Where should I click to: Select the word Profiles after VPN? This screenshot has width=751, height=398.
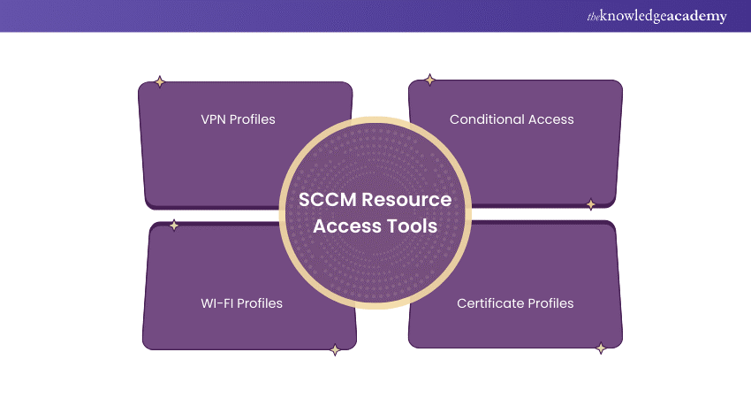[x=253, y=119]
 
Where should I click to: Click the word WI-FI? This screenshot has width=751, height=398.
[x=219, y=303]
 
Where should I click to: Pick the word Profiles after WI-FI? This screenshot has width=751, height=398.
[x=261, y=303]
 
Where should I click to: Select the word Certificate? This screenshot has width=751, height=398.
[x=491, y=303]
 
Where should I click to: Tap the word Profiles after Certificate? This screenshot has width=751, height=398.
[x=551, y=303]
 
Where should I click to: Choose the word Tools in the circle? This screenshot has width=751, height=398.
[x=413, y=226]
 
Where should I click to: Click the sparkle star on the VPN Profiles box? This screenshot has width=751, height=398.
[x=159, y=82]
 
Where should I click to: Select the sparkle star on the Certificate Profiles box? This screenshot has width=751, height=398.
[x=601, y=348]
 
